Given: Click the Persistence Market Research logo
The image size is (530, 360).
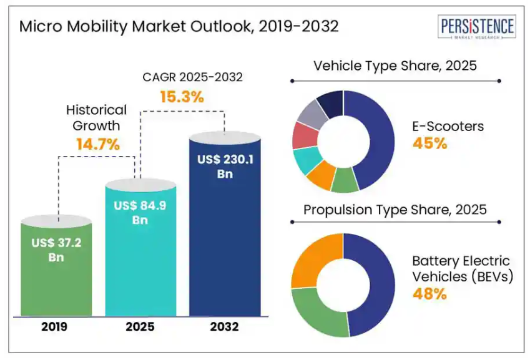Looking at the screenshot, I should tap(478, 28).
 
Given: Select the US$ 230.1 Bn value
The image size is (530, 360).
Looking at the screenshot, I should tap(225, 167).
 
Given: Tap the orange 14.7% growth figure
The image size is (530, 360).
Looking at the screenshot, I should tap(97, 144).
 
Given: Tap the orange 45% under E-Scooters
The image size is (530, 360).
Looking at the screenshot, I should tap(429, 144).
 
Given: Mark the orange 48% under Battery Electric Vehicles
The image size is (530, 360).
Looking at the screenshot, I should tap(429, 293).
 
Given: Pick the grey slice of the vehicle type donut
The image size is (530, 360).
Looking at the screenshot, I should tap(310, 113).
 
